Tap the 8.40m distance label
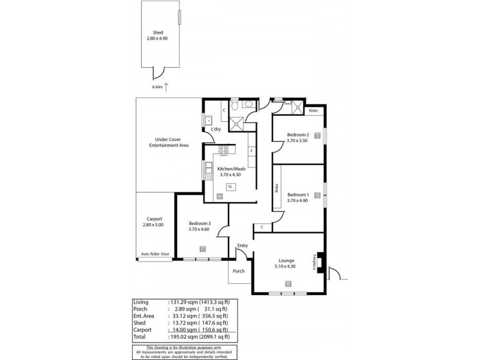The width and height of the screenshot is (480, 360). tap(157, 87)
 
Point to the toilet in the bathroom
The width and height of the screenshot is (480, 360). tap(237, 106)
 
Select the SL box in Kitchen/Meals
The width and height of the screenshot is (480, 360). tap(230, 187)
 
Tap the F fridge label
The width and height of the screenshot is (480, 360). tap(251, 150)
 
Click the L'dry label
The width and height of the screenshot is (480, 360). tap(216, 129)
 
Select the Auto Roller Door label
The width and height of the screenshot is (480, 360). tap(155, 254)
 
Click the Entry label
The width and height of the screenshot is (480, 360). tap(242, 245)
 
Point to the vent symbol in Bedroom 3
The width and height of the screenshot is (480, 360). tap(202, 248)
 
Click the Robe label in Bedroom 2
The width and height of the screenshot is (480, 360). tap(313, 111)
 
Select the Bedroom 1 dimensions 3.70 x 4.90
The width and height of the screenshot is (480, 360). tap(298, 201)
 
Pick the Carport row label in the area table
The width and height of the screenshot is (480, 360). tap(142, 329)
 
